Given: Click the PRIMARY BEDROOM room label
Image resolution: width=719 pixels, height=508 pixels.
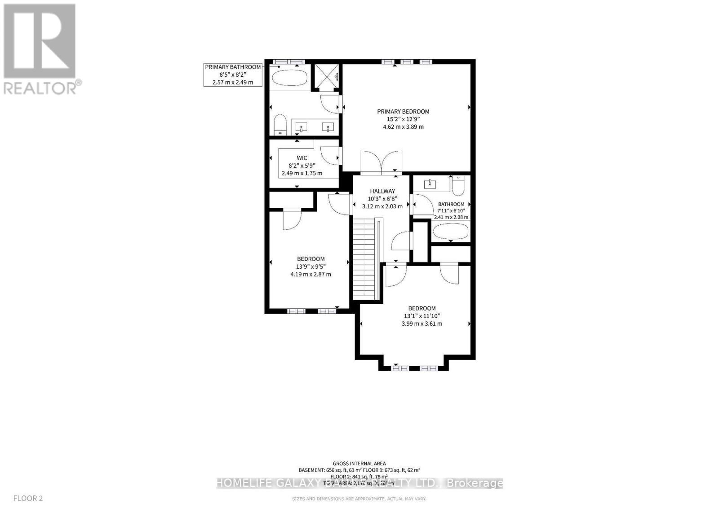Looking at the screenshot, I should click(403, 112).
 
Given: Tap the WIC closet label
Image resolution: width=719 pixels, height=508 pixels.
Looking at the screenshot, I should click(302, 158).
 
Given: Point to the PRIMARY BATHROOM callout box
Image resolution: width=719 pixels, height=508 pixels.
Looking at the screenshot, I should click(233, 74).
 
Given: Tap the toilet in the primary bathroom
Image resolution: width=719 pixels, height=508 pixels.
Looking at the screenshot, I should click(280, 124).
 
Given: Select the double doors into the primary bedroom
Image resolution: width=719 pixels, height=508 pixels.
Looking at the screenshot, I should click(381, 162).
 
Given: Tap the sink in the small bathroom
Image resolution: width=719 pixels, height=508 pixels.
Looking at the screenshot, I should click(431, 184).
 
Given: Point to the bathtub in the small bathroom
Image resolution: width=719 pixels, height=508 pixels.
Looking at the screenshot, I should click(451, 232).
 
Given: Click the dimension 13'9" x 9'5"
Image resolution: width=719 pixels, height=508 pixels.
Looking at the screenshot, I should click(311, 267).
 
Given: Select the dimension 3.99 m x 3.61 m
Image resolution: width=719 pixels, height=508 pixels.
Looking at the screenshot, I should click(422, 324).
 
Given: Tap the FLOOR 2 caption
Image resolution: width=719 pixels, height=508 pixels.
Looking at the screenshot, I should click(28, 498).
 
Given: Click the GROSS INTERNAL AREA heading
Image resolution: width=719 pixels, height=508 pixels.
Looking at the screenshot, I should click(359, 464).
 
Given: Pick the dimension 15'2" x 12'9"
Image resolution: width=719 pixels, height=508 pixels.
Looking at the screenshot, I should click(403, 119).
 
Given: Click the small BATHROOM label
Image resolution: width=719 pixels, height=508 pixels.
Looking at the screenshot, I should click(451, 204).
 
